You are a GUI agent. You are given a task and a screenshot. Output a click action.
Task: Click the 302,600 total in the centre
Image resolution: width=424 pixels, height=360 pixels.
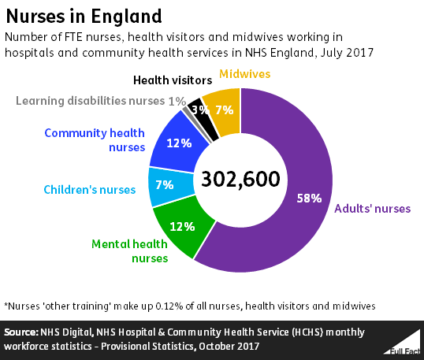click(x=240, y=179)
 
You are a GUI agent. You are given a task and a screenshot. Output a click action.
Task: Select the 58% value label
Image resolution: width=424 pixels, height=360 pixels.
click(x=309, y=199)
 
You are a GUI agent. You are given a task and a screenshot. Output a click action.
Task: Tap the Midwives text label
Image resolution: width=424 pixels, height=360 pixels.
click(x=244, y=74)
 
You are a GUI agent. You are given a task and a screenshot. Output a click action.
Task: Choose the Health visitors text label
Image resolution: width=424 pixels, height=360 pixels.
click(x=172, y=80)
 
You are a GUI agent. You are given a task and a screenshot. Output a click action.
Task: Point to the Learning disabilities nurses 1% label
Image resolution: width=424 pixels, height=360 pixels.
click(x=101, y=101)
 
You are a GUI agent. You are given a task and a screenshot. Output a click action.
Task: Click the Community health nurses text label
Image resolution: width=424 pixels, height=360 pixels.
click(x=94, y=140)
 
